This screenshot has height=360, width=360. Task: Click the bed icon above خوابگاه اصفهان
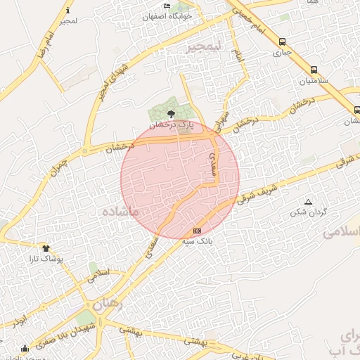point(167,6)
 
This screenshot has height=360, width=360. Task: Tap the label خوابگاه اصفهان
point(167,16)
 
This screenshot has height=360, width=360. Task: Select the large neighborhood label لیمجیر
point(203,47)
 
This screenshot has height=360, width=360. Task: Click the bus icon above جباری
point(282,42)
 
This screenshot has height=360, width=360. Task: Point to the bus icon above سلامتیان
point(313,70)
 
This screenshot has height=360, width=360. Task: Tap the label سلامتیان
point(314,81)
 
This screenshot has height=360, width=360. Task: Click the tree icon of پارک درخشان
point(172,113)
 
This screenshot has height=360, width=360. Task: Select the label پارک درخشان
point(175,124)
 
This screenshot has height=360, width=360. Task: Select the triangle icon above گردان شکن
point(308,202)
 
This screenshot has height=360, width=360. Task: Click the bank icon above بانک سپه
point(197,231)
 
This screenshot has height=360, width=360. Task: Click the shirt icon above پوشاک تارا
point(46,248)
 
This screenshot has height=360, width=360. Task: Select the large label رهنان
point(108,304)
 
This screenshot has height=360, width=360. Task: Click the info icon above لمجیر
point(67,11)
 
